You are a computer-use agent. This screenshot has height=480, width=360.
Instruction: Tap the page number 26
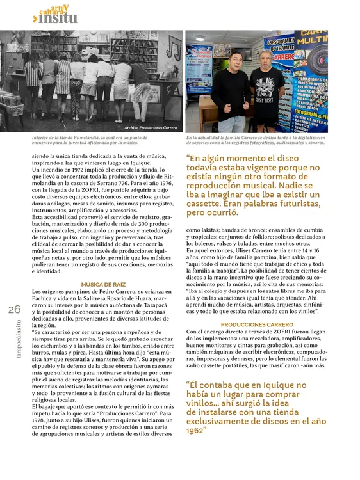tap(15, 310)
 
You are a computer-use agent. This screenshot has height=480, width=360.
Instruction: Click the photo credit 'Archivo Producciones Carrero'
tap(151, 127)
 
